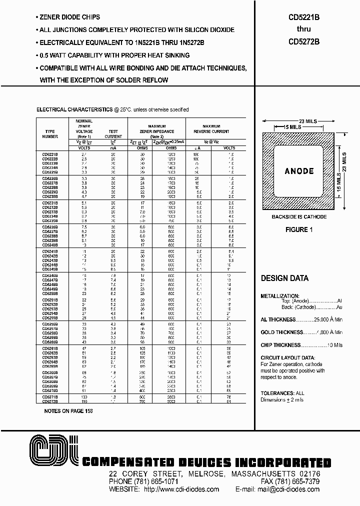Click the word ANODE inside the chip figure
coord(299,171)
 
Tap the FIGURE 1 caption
coord(298,229)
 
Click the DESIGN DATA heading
coord(284,278)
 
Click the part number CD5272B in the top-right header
coord(303,42)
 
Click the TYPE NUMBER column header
coord(50,133)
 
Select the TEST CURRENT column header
coord(113,133)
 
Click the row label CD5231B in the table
coord(50,203)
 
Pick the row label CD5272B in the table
coord(50,401)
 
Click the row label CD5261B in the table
coord(50,347)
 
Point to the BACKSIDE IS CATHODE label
coord(299,216)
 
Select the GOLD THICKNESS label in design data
coord(281,332)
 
